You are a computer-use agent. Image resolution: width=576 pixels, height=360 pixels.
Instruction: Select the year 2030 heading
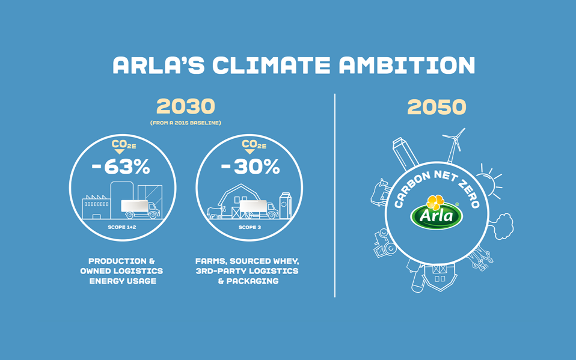pyautogui.click(x=185, y=107)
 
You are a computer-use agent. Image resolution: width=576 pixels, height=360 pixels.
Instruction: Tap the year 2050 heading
pyautogui.click(x=437, y=108)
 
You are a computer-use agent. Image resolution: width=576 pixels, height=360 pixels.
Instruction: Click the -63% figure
pyautogui.click(x=121, y=167)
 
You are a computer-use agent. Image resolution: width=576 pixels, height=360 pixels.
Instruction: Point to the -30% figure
pyautogui.click(x=250, y=167)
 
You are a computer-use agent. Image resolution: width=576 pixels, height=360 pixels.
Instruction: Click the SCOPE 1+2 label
pyautogui.click(x=121, y=227)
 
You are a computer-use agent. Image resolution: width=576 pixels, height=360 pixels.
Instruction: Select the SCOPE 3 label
pyautogui.click(x=249, y=227)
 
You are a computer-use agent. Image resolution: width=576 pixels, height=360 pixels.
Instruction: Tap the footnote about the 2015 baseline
pyautogui.click(x=185, y=123)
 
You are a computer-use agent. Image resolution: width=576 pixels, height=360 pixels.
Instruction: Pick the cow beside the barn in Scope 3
pyautogui.click(x=215, y=212)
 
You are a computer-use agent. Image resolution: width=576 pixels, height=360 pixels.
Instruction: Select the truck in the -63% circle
pyautogui.click(x=139, y=209)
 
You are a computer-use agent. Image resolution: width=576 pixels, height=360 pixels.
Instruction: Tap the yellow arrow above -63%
pyautogui.click(x=121, y=151)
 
